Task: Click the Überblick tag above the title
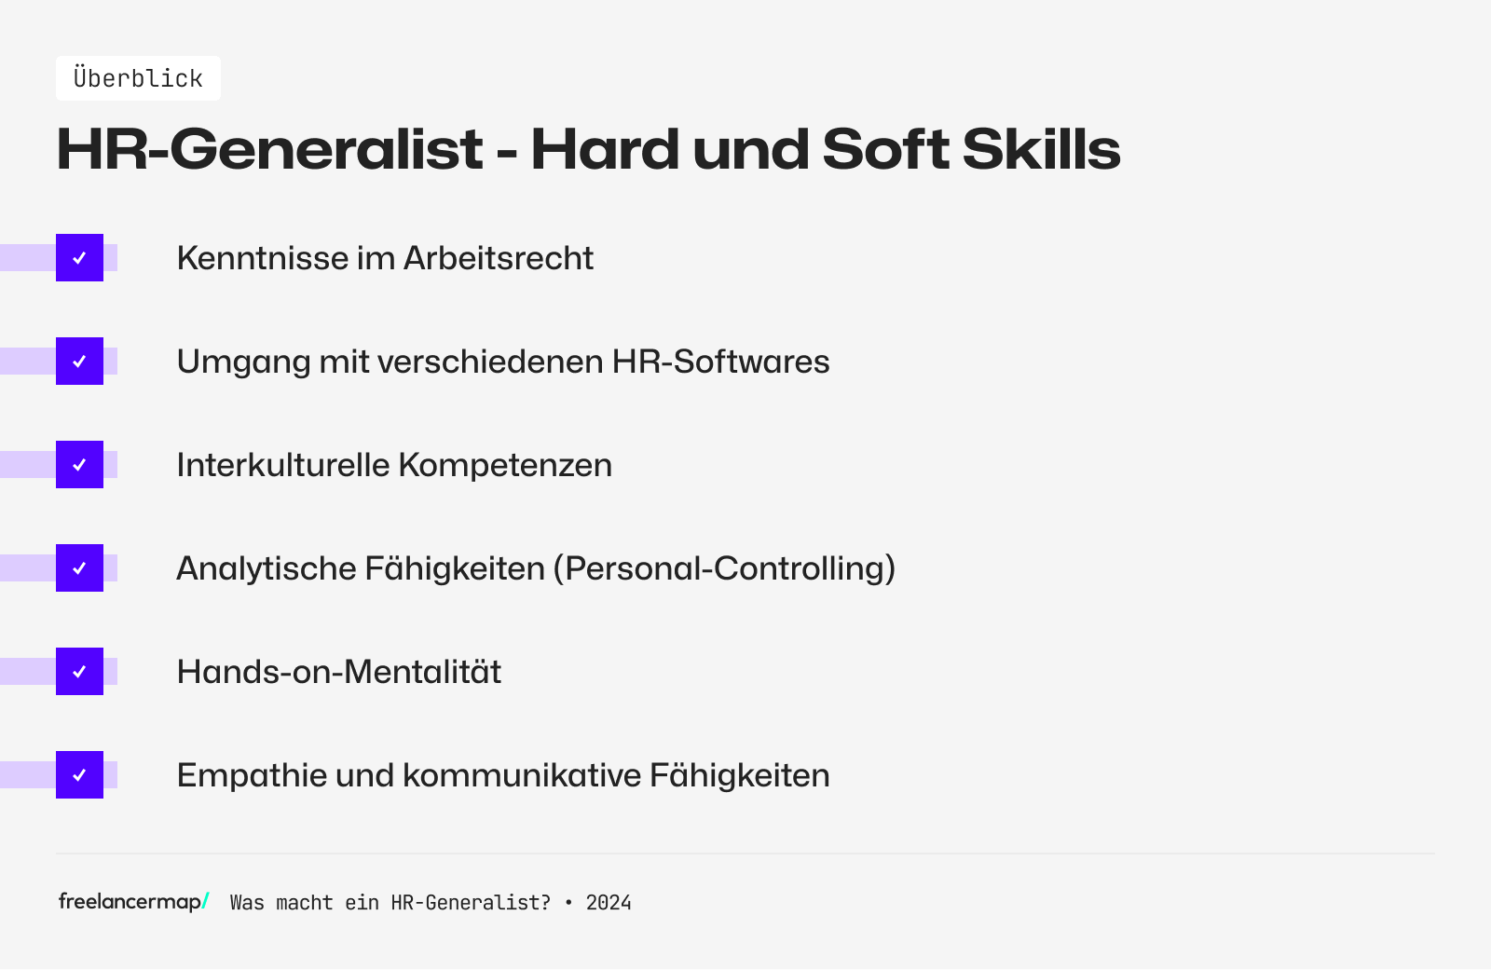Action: coord(138,78)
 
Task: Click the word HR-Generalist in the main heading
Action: coord(269,149)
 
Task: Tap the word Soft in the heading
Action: coord(885,149)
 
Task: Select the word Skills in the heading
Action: coord(1041,149)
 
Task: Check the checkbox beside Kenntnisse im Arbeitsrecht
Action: coord(79,258)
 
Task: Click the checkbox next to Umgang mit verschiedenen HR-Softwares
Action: coord(79,362)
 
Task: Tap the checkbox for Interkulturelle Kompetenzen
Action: coord(79,465)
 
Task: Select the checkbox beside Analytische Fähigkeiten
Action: coord(79,568)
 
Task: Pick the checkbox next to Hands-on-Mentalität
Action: coord(79,672)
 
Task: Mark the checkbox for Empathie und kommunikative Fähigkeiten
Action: coord(79,775)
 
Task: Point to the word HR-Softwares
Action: coord(720,362)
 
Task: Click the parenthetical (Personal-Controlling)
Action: coord(724,568)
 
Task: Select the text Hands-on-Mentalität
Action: coord(339,672)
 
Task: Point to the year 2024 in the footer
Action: coord(609,903)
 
